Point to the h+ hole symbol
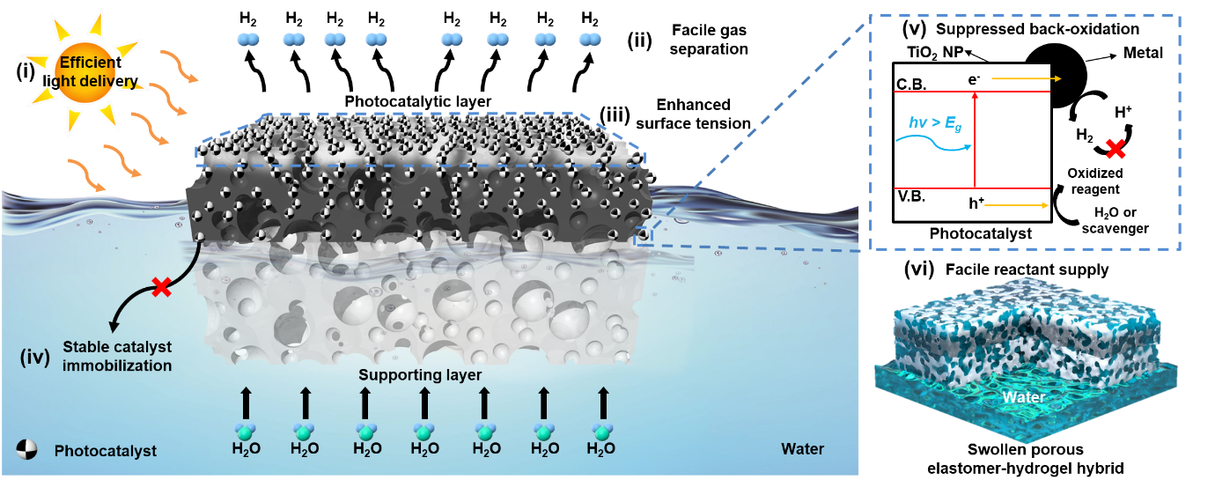coord(976,204)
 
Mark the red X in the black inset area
coord(1115,150)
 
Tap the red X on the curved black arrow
coord(161,287)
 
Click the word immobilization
coord(117,365)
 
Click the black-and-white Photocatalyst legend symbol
coord(30,449)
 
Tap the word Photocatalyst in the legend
coord(106,451)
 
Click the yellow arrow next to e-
coord(1026,79)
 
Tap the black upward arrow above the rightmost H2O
coord(603,402)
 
